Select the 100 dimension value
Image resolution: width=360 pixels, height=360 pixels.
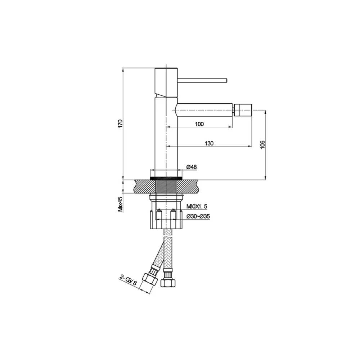(199, 124)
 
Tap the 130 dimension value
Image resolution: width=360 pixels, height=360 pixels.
(209, 143)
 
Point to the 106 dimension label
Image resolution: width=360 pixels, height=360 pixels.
(262, 144)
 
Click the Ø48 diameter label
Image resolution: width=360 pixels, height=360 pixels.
(191, 167)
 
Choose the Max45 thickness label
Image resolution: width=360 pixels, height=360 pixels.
(121, 204)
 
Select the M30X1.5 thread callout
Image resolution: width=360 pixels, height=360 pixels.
(197, 207)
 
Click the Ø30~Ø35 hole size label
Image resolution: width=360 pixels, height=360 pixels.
(198, 216)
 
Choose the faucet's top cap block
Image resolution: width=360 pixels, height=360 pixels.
(166, 82)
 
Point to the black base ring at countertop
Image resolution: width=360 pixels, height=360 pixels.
(166, 178)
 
